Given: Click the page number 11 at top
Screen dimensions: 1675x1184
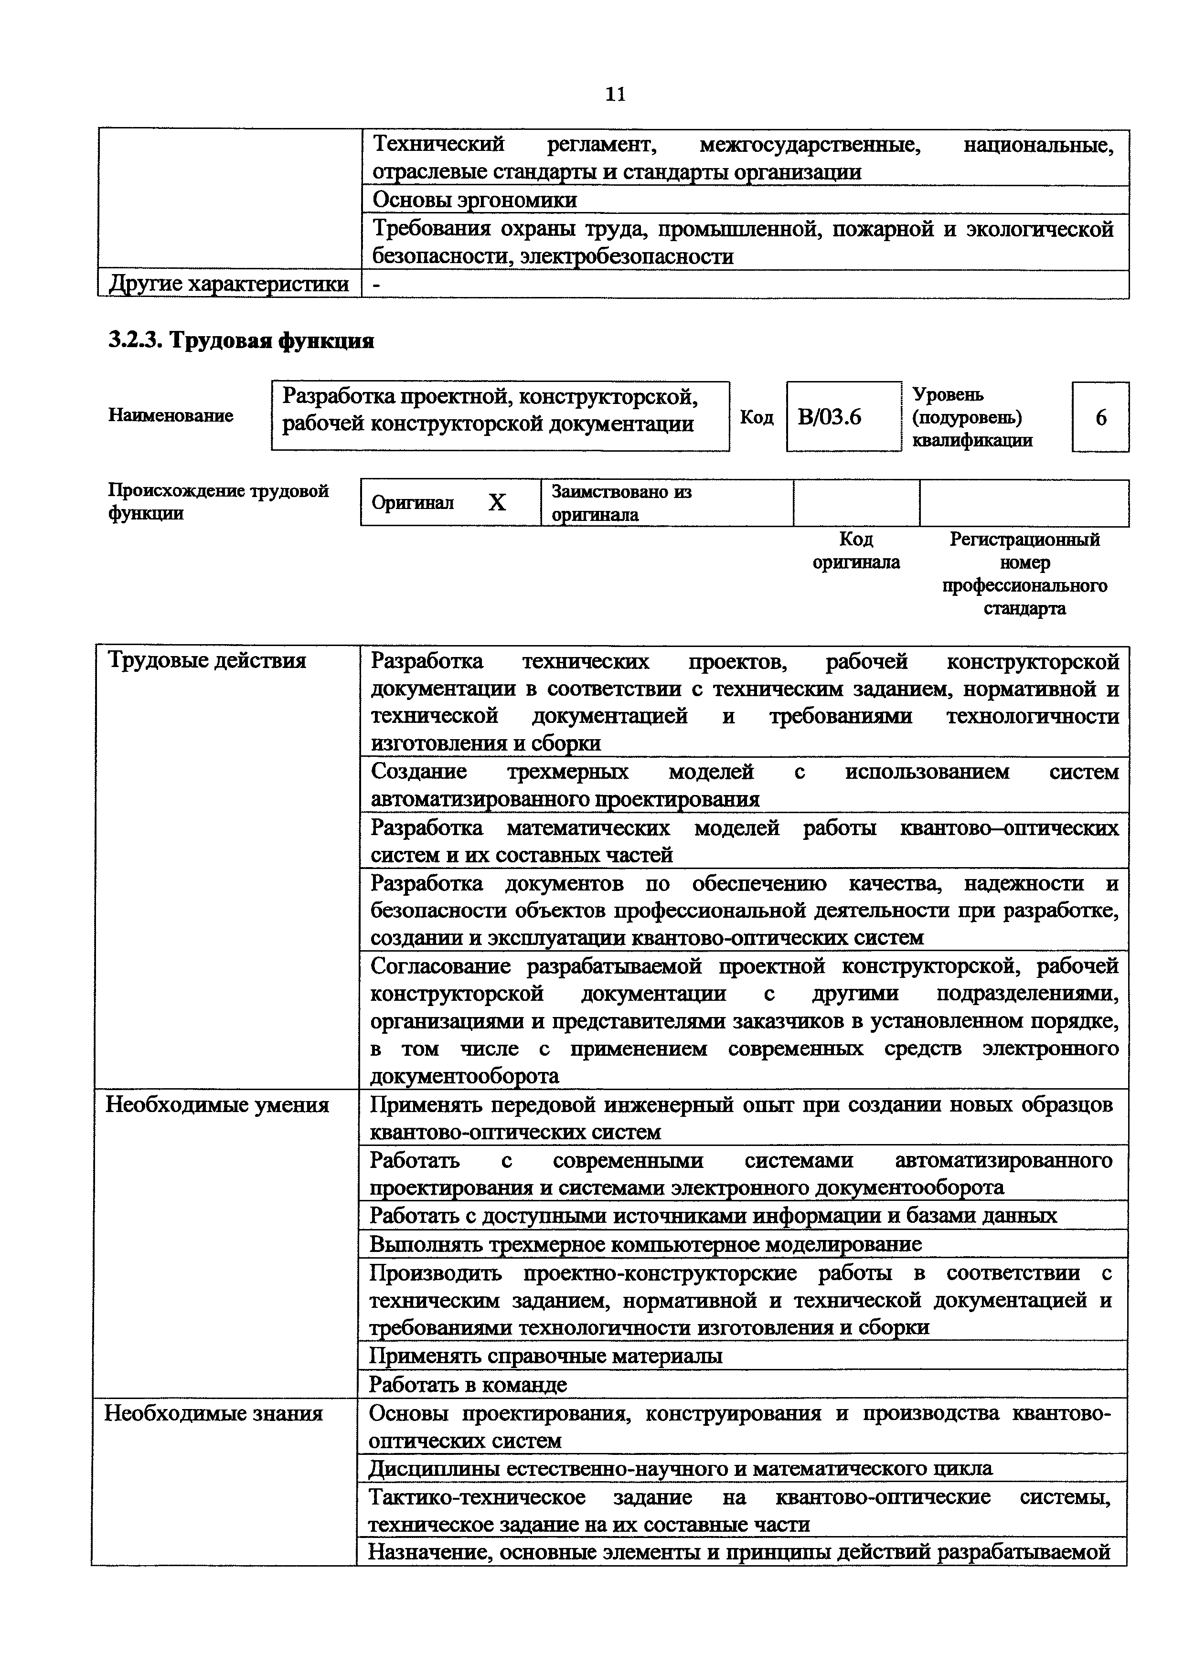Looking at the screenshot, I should pos(615,94).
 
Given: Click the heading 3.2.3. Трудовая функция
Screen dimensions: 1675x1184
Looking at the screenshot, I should pos(241,340).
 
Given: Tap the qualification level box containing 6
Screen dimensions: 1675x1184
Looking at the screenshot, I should pos(1100,416).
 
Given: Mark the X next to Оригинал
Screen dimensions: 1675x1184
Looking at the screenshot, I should pos(497,503).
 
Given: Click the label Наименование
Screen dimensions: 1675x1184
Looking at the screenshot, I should pos(171,415).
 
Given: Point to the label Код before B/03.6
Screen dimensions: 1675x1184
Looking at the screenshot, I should pos(757,416).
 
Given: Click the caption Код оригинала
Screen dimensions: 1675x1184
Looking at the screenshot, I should pos(856,551).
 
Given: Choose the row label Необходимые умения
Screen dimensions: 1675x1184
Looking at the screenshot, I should pos(217,1104).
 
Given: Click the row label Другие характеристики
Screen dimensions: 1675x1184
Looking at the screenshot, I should pos(228,284).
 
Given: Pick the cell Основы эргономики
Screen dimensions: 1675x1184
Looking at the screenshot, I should pos(474,200).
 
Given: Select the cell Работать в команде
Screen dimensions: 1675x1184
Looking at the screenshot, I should pos(468,1384).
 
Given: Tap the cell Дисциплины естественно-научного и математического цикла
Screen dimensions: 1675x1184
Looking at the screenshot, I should pos(680,1468).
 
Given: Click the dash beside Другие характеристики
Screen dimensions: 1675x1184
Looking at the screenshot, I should pos(376,285).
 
